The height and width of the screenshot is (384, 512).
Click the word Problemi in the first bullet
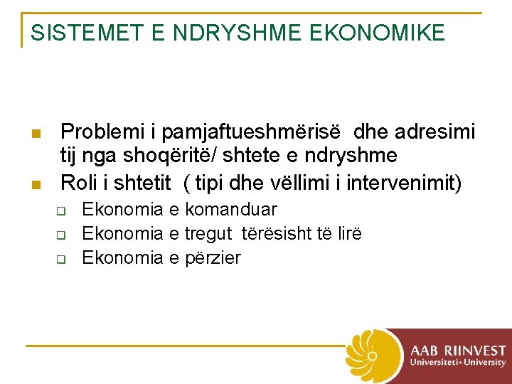[99, 132]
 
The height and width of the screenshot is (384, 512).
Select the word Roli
[78, 183]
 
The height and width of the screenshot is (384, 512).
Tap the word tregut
[209, 234]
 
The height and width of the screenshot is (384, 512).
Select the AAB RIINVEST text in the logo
[458, 350]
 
